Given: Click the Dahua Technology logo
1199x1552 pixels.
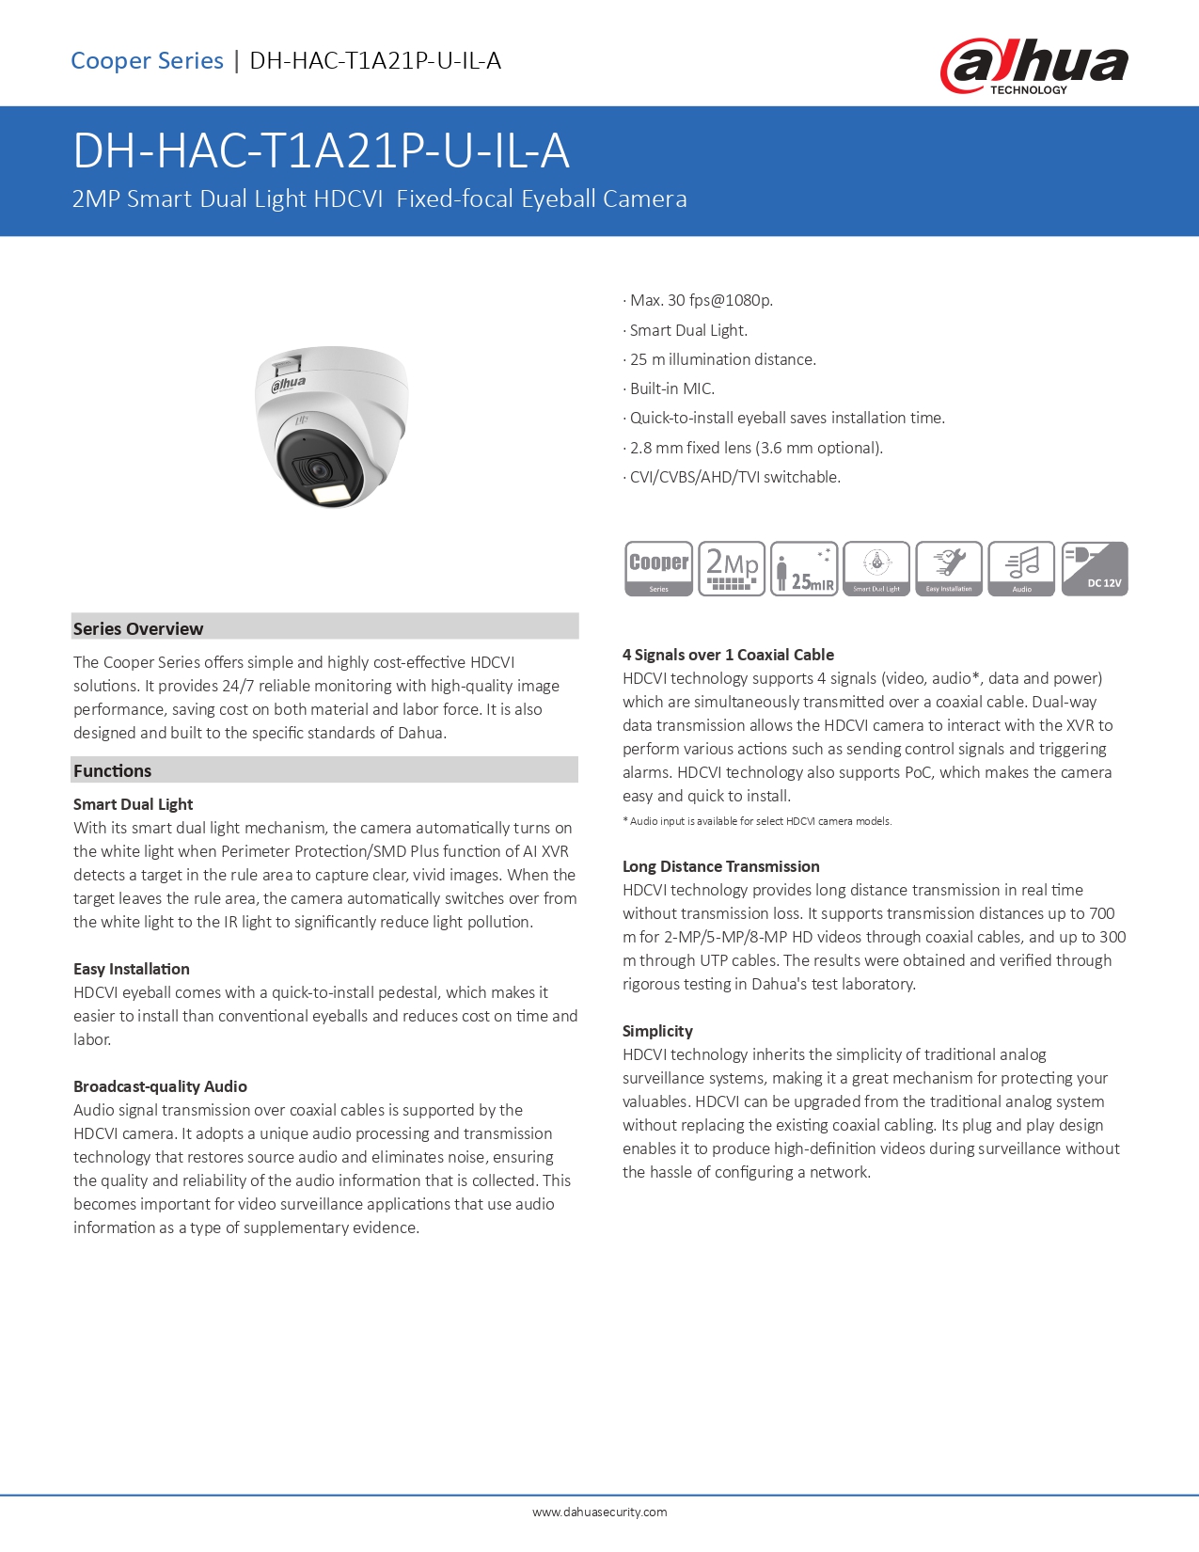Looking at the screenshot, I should click(x=1033, y=66).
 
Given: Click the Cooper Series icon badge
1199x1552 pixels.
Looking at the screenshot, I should click(x=658, y=568).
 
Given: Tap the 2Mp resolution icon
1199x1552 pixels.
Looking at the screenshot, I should click(x=732, y=568).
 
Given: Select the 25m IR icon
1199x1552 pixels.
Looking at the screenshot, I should click(x=804, y=568).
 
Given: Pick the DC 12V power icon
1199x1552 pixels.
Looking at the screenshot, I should click(x=1094, y=568).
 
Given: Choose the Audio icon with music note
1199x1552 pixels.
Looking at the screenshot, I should click(x=1021, y=568).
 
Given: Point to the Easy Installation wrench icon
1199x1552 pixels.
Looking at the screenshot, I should click(x=949, y=568).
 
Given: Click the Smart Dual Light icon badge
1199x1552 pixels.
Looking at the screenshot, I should click(x=876, y=568).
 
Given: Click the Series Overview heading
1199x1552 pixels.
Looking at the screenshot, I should click(x=138, y=628).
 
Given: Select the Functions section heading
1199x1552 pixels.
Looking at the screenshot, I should click(x=113, y=770).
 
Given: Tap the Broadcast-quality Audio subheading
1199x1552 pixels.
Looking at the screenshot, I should click(x=160, y=1086).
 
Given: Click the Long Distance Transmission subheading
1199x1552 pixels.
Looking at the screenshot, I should click(x=720, y=866).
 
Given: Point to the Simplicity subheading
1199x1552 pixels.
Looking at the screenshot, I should click(x=657, y=1031).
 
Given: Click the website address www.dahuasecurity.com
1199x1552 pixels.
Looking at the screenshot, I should click(x=599, y=1512).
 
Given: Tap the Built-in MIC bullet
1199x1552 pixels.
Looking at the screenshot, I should click(x=671, y=388).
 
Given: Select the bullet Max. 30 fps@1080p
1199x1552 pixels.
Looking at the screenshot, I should click(x=701, y=300).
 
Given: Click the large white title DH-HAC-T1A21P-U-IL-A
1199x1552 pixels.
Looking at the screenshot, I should click(x=321, y=150).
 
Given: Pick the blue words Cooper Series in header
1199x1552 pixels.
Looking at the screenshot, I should click(x=147, y=61).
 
